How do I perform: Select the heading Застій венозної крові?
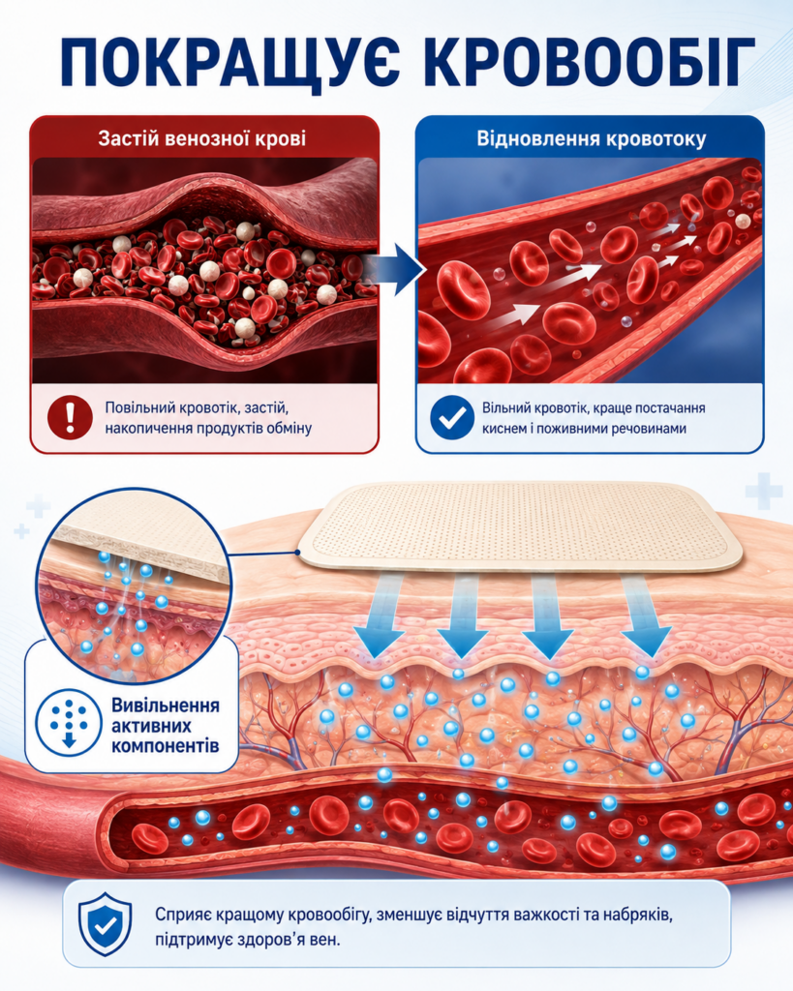click(x=201, y=137)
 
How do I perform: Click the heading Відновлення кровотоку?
click(x=592, y=137)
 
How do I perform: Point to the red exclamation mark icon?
click(x=70, y=417)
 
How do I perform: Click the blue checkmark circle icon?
click(x=452, y=417)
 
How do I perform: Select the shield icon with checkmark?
click(x=105, y=924)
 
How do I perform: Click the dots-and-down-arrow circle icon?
click(x=69, y=723)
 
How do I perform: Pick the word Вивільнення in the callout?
click(x=166, y=705)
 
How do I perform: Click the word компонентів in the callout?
click(x=166, y=746)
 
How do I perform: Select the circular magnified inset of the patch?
click(x=134, y=586)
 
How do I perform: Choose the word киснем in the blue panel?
click(x=503, y=428)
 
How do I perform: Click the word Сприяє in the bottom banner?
click(x=183, y=915)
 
